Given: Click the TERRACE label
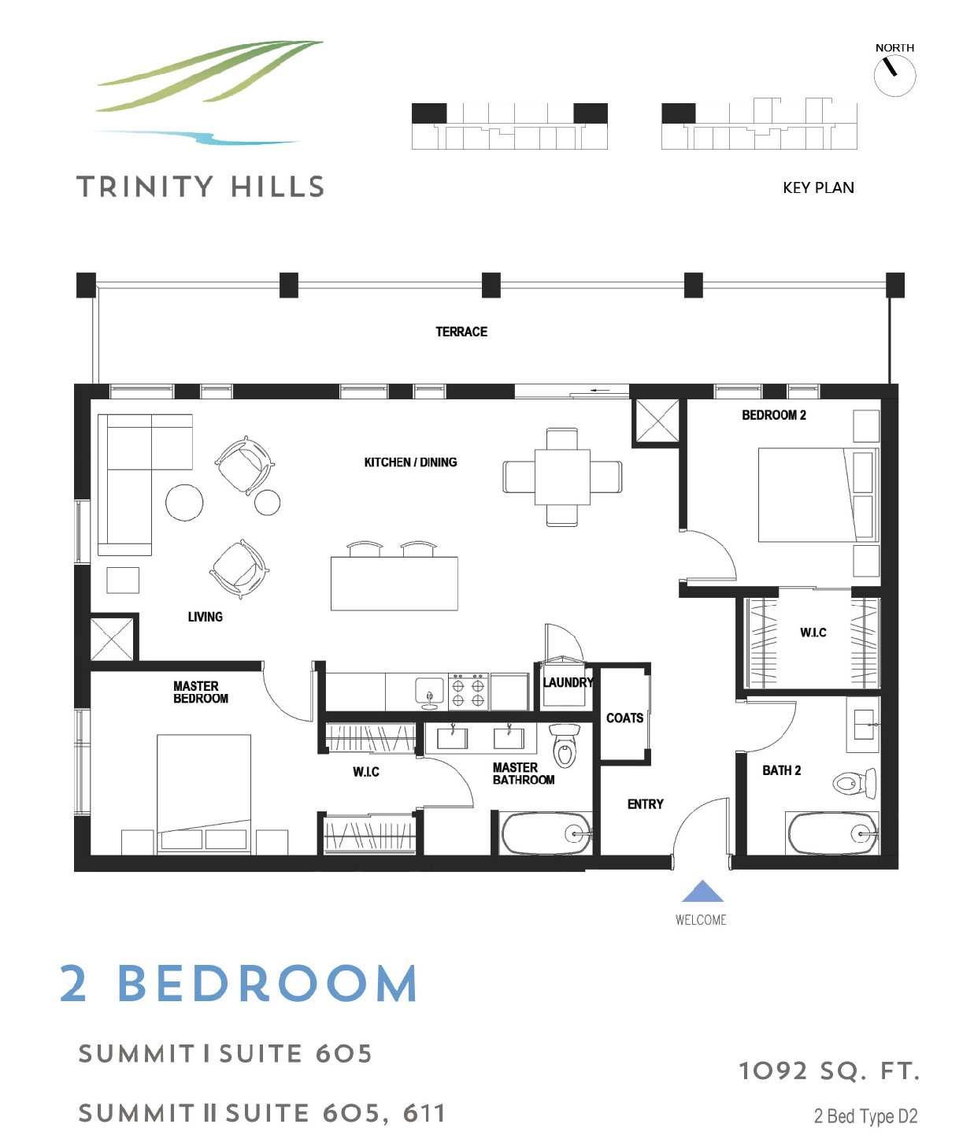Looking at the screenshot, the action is tap(461, 332).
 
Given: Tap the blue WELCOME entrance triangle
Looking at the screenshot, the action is tap(702, 891).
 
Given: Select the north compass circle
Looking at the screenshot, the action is tap(894, 76).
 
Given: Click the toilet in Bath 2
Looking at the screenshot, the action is tap(854, 783).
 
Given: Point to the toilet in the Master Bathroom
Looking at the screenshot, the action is tap(565, 745).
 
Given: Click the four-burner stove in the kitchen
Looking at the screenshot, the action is tap(468, 691).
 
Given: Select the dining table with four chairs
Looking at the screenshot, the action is tap(562, 477).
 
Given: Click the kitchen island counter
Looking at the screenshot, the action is tap(394, 584).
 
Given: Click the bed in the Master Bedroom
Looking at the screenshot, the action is tap(203, 793).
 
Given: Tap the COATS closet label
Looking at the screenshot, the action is tap(624, 718).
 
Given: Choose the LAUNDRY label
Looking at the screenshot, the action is tap(568, 682).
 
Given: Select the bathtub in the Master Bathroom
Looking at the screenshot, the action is tap(546, 833).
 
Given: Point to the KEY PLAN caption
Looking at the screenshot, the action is tap(818, 188).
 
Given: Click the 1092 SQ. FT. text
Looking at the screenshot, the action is tap(829, 1071).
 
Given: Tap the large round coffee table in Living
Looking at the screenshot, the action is tap(184, 502).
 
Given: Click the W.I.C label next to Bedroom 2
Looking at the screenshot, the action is tap(813, 633).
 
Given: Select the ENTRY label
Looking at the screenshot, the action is tap(645, 804).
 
